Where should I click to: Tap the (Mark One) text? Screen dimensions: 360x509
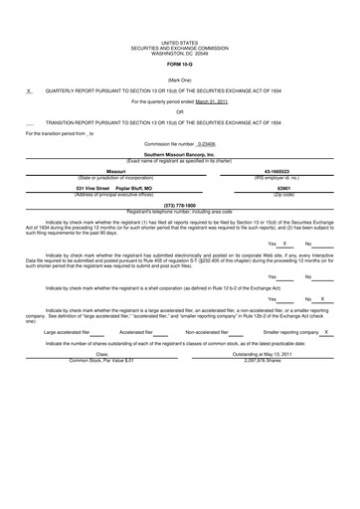tap(179, 79)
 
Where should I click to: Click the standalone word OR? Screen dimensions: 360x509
tap(179, 112)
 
